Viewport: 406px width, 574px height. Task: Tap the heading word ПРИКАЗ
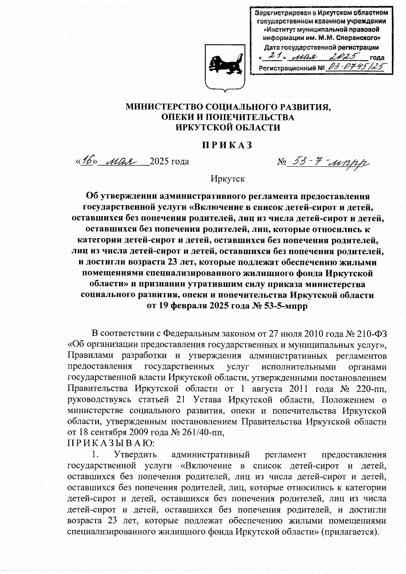click(x=227, y=145)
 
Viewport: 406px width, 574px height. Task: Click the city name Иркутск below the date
click(x=227, y=179)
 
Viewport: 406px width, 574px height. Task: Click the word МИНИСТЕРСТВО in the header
click(x=164, y=107)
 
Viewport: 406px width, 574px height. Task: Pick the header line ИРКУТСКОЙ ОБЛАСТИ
click(x=228, y=128)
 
